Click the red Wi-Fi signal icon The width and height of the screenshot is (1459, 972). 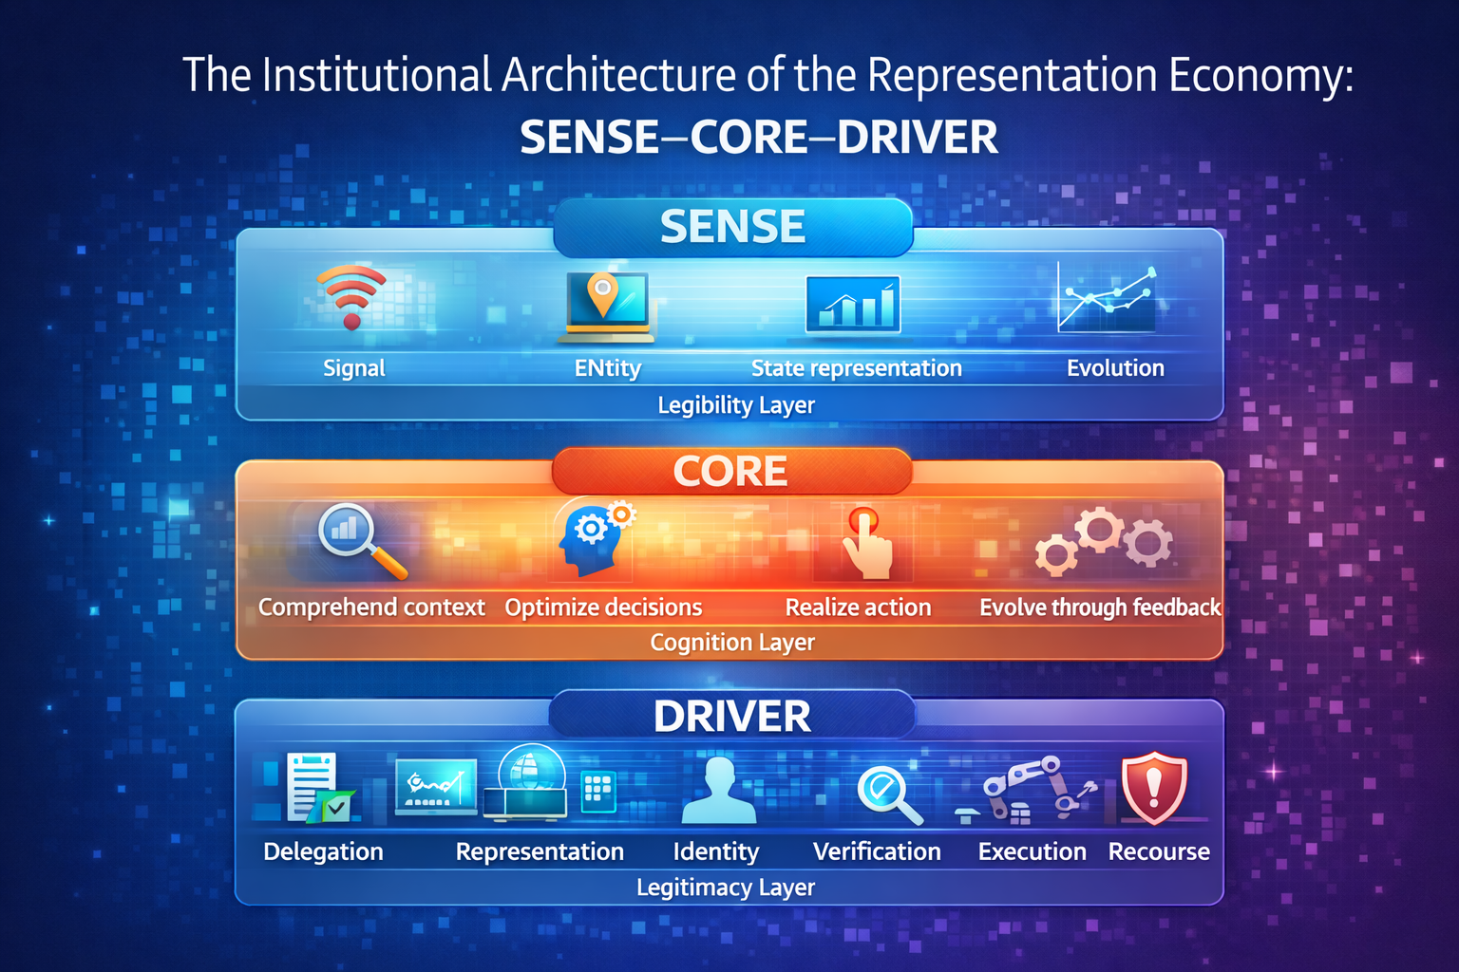[x=351, y=295]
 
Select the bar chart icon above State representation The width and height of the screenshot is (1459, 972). [x=853, y=305]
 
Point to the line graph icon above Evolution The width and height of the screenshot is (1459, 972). [x=1108, y=298]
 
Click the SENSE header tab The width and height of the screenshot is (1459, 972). [x=732, y=227]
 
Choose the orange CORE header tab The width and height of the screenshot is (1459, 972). [x=730, y=471]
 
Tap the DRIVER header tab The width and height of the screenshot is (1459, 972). [x=732, y=716]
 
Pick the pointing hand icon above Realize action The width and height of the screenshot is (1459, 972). [x=865, y=543]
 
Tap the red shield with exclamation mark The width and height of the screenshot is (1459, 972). [x=1153, y=788]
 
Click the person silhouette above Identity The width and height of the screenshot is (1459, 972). [x=719, y=791]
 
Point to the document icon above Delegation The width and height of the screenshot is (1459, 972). [x=313, y=787]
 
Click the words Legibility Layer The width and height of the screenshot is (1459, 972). [x=736, y=405]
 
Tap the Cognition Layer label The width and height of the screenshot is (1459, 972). [x=732, y=643]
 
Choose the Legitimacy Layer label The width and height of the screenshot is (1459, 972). [x=726, y=888]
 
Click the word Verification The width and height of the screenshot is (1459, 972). [x=877, y=851]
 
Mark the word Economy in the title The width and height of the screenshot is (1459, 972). [x=1260, y=75]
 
